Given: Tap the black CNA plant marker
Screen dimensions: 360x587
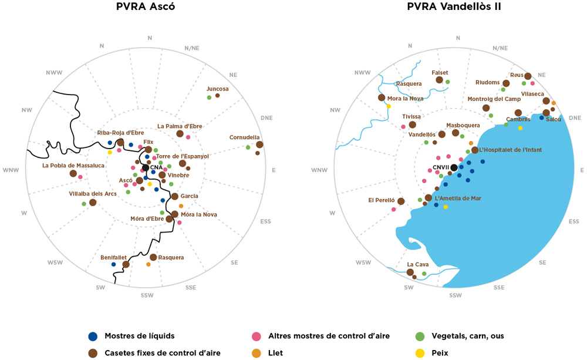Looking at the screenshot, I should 146,168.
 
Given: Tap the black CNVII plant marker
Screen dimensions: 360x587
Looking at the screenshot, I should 454,167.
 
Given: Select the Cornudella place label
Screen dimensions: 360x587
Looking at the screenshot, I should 244,137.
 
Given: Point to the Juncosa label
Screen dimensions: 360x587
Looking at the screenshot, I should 217,89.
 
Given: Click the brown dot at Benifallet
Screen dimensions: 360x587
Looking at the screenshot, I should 126,265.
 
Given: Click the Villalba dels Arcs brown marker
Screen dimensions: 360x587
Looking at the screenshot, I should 93,203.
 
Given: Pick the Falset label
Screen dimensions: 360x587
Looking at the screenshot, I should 440,72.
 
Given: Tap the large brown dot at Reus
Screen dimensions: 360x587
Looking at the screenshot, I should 528,76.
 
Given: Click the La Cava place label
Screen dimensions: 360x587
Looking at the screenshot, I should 418,264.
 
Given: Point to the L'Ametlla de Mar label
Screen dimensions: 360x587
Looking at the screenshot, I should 458,198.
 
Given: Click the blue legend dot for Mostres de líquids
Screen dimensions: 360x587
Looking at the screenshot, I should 92,337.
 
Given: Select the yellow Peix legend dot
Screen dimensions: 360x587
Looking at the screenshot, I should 419,353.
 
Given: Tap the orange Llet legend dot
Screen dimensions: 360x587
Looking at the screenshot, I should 256,353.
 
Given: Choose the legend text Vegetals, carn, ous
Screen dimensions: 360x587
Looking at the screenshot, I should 467,337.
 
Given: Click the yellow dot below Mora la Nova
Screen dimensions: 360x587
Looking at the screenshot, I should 389,106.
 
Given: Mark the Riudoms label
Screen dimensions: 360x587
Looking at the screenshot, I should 488,82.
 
